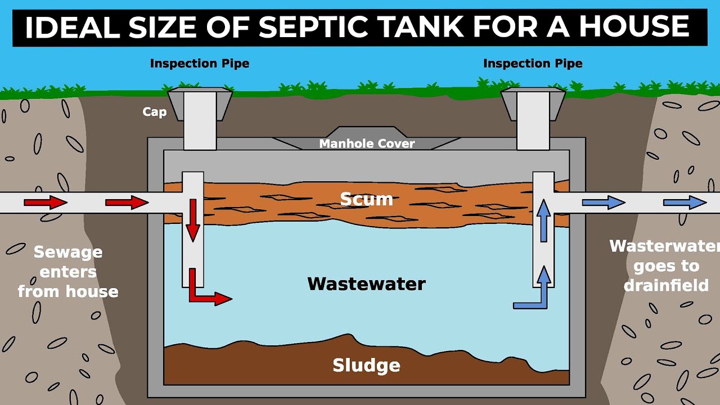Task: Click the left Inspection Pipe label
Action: (200, 64)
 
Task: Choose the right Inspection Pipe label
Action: (533, 64)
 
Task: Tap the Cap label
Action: (155, 112)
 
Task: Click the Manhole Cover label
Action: (367, 143)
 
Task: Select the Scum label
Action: (366, 199)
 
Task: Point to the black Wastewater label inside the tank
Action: (366, 284)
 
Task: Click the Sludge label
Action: (366, 365)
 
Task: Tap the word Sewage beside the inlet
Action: (68, 253)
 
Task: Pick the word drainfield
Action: (666, 285)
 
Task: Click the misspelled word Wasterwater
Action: (665, 246)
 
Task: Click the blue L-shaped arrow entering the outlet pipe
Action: (532, 287)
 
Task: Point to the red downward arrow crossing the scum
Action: (193, 220)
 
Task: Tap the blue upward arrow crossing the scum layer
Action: (543, 220)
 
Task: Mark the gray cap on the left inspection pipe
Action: (200, 104)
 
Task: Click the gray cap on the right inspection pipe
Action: (533, 104)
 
